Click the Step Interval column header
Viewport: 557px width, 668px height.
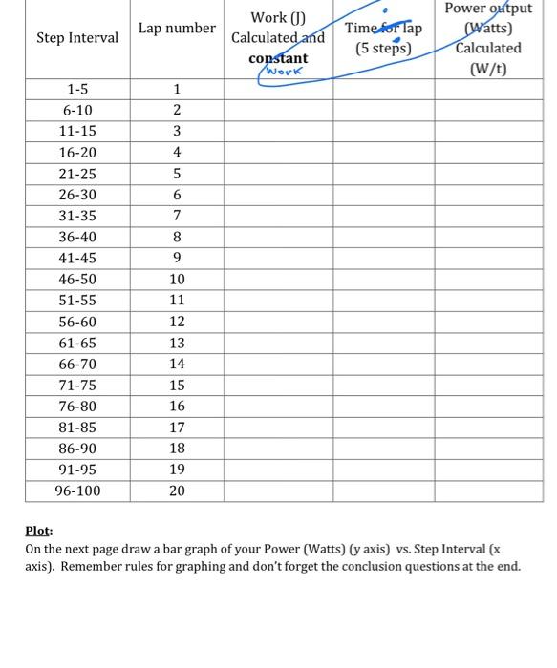tap(77, 38)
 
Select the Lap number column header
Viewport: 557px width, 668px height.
tap(177, 29)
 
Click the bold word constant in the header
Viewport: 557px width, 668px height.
tap(278, 58)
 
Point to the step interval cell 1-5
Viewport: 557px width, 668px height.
tap(77, 90)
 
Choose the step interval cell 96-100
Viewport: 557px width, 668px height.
tap(77, 491)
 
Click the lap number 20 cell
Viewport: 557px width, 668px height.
tap(177, 491)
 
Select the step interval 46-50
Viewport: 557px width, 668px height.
tap(77, 280)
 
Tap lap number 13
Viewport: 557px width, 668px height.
tap(177, 344)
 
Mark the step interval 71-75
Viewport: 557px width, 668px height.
tap(77, 386)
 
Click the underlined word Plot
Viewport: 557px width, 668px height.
tap(38, 532)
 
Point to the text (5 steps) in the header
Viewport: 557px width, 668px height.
tap(383, 49)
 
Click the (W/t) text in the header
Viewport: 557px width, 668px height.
tap(488, 69)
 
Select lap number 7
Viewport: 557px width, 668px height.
tap(177, 217)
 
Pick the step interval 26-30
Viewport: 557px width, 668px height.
tap(77, 196)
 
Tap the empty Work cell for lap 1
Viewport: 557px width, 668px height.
tap(278, 90)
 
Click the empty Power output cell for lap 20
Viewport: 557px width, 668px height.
tap(488, 491)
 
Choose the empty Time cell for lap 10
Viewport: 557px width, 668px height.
tap(383, 280)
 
